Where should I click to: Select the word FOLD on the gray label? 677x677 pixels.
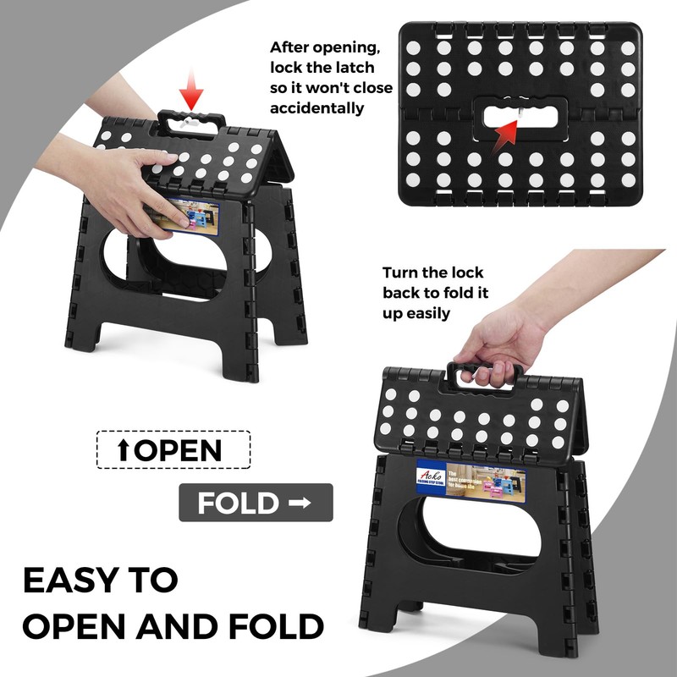(238, 504)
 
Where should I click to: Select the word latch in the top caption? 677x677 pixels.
(349, 68)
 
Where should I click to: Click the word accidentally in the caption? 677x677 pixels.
(317, 107)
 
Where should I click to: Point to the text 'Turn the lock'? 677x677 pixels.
(433, 272)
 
